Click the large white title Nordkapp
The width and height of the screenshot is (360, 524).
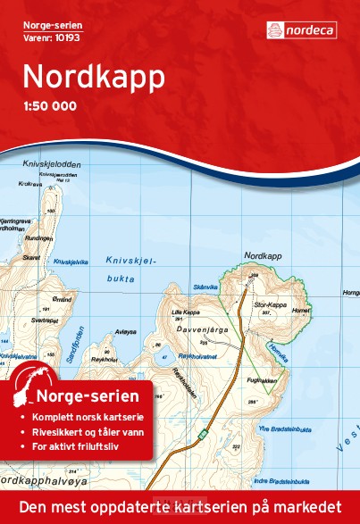coord(94,77)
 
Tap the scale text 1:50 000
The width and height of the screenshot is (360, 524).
coord(50,107)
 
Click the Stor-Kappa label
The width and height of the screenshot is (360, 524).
coord(269,279)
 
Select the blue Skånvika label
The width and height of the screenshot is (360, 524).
coord(204,287)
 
